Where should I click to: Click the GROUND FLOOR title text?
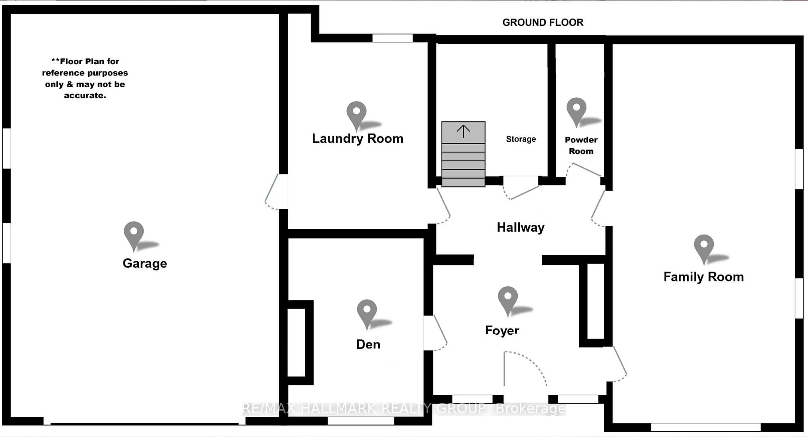[x=543, y=23]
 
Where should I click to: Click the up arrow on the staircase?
[x=463, y=131]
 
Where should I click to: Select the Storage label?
[x=521, y=139]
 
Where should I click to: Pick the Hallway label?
[x=521, y=227]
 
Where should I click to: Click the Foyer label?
[x=502, y=330]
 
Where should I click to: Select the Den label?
[x=368, y=344]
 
